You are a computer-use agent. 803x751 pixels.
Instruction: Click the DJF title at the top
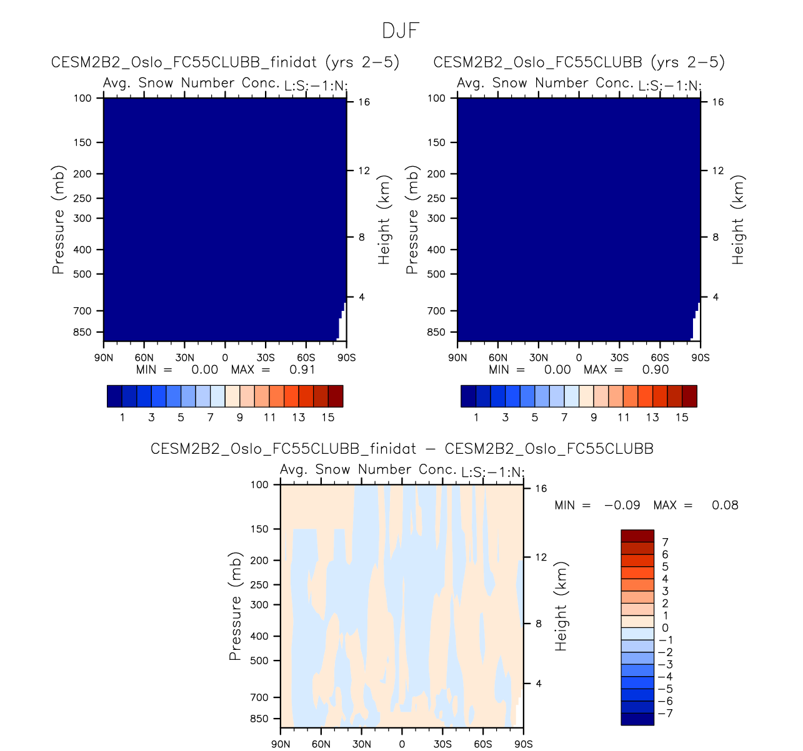point(401,31)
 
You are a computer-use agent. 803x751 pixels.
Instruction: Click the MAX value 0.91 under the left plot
point(302,370)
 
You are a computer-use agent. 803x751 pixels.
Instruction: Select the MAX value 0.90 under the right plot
point(656,370)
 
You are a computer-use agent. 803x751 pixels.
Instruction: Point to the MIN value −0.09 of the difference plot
point(622,505)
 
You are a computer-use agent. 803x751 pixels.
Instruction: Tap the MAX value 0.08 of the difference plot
point(725,505)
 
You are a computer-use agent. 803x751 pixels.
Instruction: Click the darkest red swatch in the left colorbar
point(336,396)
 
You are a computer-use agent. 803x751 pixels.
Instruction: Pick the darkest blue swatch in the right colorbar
point(468,396)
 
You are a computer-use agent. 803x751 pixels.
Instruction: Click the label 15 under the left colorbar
point(328,418)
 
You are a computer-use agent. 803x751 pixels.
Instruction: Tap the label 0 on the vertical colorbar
point(665,628)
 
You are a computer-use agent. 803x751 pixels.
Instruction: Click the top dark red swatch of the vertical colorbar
point(637,536)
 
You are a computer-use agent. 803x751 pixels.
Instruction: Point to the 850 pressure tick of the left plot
point(82,332)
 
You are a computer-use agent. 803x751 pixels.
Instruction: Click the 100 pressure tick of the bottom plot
point(259,485)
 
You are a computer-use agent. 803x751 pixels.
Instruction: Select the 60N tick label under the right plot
point(498,358)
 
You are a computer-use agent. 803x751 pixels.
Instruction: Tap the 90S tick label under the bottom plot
point(523,744)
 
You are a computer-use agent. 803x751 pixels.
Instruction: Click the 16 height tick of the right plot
point(718,102)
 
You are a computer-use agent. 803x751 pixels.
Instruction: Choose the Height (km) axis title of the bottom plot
point(561,606)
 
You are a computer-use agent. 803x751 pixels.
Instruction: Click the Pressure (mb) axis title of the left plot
point(58,220)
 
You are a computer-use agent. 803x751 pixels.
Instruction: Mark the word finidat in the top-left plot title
point(294,62)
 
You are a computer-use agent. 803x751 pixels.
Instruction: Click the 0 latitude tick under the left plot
point(225,358)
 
